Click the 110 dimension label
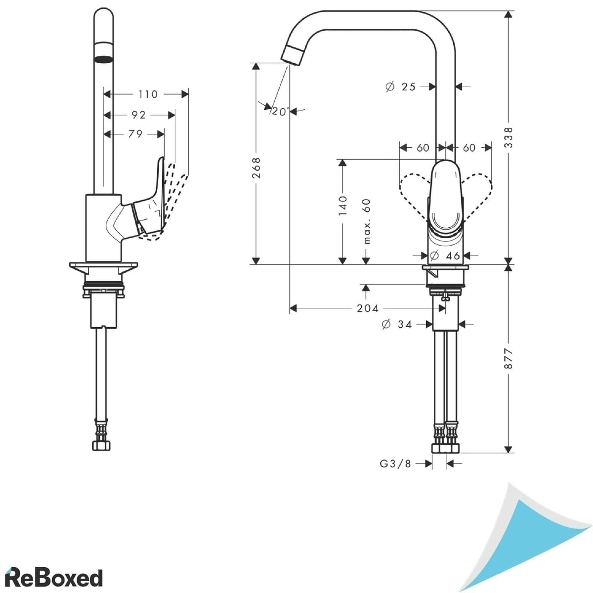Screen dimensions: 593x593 tap(148, 94)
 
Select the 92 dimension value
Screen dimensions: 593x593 tap(139, 115)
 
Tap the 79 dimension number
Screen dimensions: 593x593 tap(135, 134)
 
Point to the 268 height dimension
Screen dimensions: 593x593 tap(256, 168)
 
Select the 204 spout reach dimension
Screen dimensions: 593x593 tap(368, 308)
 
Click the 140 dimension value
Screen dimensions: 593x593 tap(342, 205)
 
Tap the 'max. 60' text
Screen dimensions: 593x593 tap(367, 221)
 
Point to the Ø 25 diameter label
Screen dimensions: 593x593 tap(401, 87)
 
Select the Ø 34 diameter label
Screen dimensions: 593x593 tap(397, 325)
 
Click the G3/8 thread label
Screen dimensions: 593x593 tap(395, 464)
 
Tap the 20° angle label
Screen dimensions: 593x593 tap(280, 112)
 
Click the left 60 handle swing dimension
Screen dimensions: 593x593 tap(423, 148)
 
